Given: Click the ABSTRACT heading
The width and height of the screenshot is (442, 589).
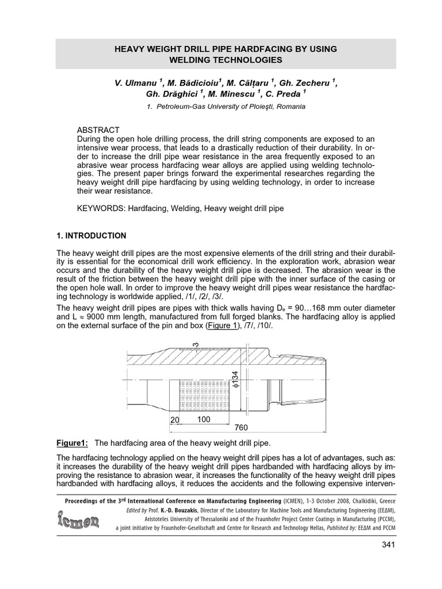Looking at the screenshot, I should (x=98, y=129).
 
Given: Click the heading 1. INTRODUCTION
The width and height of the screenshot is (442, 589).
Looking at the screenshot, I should (x=91, y=236).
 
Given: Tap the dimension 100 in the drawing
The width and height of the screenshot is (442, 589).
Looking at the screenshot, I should (x=204, y=420).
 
